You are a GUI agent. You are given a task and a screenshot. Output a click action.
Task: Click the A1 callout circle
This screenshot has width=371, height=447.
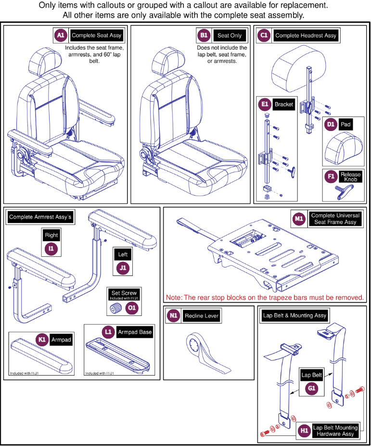tap(60, 36)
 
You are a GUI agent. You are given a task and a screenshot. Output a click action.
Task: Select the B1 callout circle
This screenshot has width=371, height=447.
tap(204, 36)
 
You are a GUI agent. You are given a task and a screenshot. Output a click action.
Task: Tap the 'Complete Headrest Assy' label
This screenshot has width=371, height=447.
tap(306, 36)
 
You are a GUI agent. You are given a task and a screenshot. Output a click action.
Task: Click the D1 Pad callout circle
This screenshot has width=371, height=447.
tap(331, 124)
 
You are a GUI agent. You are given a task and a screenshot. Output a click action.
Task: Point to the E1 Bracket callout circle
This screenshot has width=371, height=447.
tap(265, 105)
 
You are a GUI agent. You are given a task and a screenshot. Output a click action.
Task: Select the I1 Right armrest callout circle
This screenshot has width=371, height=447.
tap(51, 249)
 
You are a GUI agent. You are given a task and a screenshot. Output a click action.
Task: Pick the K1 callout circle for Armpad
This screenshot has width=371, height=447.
tap(42, 340)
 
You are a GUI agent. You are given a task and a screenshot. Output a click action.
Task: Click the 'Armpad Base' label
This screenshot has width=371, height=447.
tap(134, 332)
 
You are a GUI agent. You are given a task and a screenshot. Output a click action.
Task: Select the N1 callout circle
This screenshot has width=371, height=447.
tap(174, 316)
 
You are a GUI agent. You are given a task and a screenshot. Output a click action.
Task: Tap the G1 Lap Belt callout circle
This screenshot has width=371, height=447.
tap(312, 388)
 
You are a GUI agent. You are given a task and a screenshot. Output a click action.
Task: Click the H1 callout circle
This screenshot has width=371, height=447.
tap(304, 430)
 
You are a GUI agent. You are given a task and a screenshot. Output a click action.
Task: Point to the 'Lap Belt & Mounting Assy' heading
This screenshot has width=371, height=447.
tap(294, 316)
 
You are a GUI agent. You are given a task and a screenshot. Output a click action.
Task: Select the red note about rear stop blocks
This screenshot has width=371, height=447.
tap(265, 297)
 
